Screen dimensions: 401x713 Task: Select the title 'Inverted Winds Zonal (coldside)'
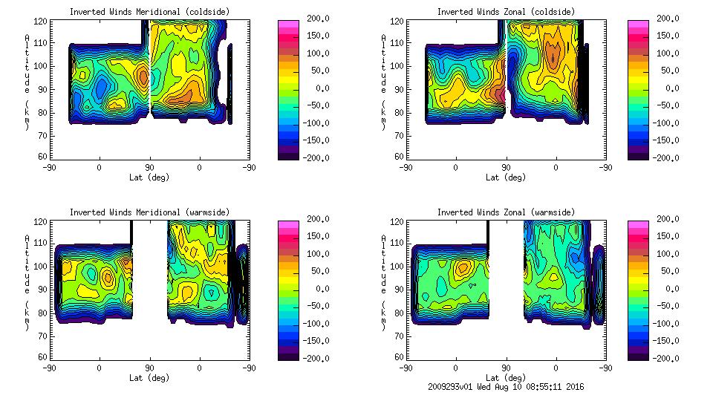pos(506,12)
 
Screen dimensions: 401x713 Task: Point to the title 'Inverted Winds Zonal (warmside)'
pos(506,212)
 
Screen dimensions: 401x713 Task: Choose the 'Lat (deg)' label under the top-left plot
pos(149,177)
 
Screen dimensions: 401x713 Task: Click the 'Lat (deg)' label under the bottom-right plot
pos(506,378)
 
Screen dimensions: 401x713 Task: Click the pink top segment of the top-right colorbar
pos(638,26)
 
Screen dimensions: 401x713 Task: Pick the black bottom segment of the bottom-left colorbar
pos(288,354)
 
